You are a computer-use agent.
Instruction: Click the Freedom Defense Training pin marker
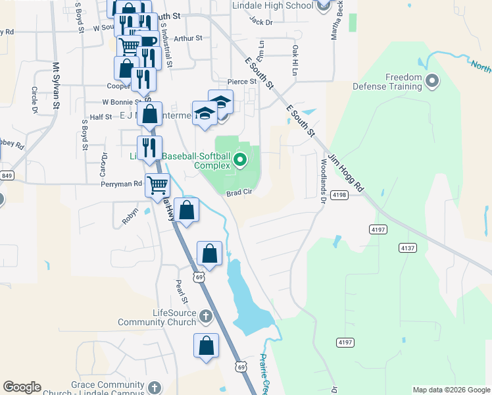pos(432,82)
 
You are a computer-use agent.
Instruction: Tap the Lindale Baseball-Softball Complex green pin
pos(241,159)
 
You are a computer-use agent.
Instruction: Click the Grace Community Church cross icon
pos(155,387)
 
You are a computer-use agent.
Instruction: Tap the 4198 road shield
pos(340,195)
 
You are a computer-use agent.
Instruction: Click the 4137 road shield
pos(407,248)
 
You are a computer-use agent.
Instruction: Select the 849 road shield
pos(7,176)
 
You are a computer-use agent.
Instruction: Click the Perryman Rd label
pos(121,184)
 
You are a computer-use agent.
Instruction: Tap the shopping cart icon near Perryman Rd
pos(157,186)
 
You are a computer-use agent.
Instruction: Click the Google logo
pos(22,387)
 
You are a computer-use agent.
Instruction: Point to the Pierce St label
pos(241,82)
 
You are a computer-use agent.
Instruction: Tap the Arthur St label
pos(188,38)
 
